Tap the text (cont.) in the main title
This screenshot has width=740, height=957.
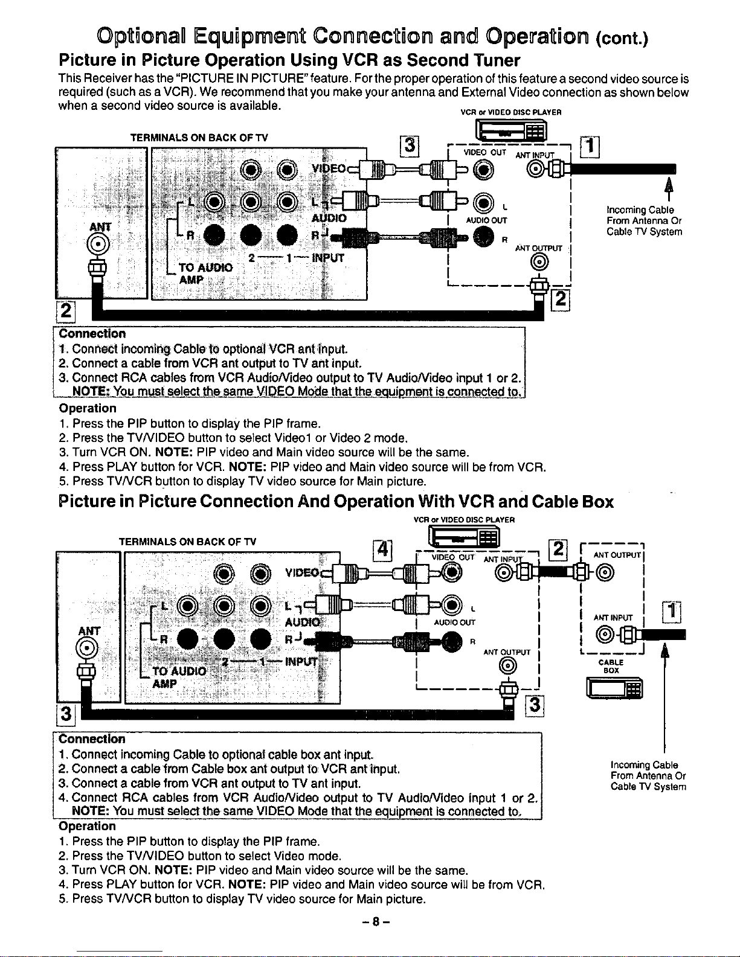point(622,38)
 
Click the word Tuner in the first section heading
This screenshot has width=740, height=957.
point(497,60)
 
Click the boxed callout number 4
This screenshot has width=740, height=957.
point(382,551)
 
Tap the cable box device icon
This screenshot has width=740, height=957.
point(614,688)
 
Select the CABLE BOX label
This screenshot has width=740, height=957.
point(611,666)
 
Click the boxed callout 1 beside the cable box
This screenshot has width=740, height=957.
point(671,612)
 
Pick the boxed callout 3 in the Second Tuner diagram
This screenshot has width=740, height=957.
point(410,146)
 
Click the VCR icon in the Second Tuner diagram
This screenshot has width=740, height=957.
point(511,131)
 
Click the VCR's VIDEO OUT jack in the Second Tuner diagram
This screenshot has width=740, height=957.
point(483,170)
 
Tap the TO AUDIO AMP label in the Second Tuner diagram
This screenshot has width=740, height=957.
point(205,274)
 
